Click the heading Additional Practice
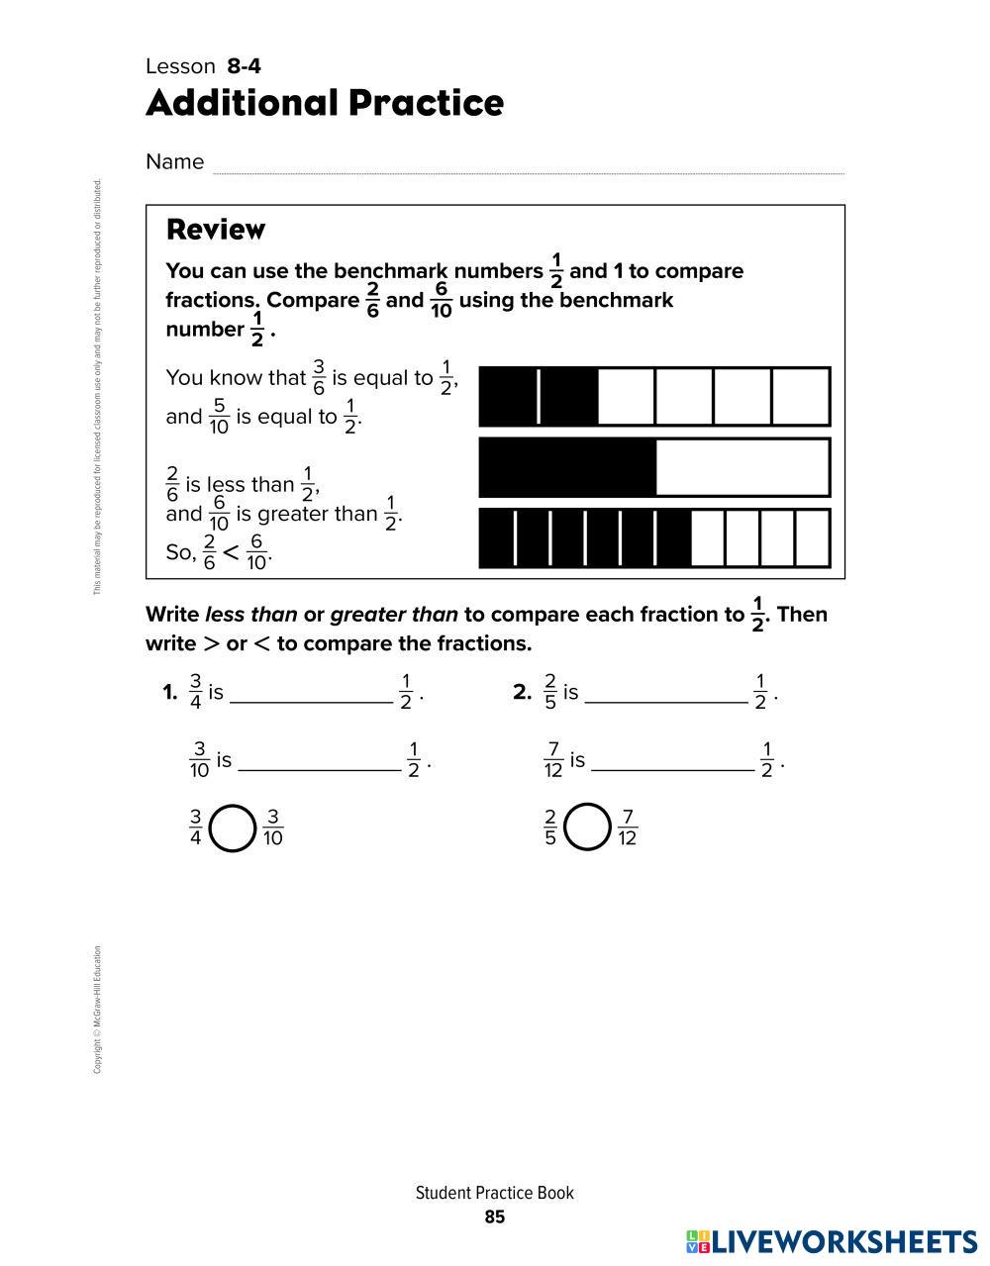[325, 103]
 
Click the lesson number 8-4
[244, 66]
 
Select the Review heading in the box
[216, 230]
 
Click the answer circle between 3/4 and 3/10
[234, 828]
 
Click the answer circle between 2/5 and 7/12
[587, 828]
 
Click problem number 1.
[169, 693]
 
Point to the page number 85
[495, 1217]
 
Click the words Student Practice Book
[495, 1193]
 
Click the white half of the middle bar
[742, 467]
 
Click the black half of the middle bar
[567, 467]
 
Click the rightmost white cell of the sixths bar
[800, 397]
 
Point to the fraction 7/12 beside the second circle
[627, 828]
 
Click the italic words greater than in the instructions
[394, 615]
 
